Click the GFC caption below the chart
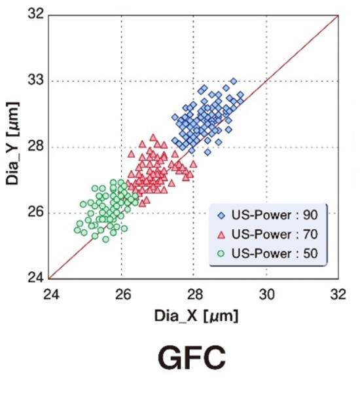(x=192, y=360)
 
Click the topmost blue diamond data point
(x=234, y=81)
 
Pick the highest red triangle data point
(x=153, y=137)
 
